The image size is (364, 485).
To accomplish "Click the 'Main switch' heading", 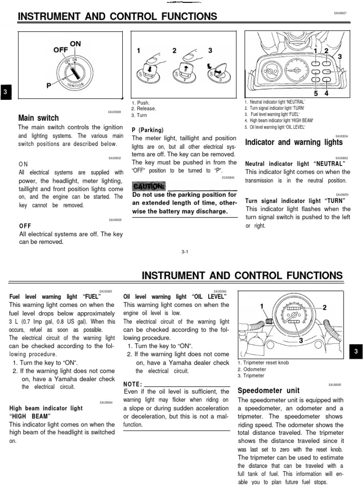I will click(x=38, y=118).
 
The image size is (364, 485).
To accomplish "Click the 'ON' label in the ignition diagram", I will click(x=75, y=44).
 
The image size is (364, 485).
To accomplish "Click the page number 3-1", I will click(x=185, y=251).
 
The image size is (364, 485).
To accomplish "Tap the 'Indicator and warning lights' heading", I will click(x=293, y=142).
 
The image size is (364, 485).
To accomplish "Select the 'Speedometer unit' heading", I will click(x=268, y=391).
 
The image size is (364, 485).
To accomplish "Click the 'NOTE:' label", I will click(x=132, y=384).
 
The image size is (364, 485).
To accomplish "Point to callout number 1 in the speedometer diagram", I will click(x=261, y=306).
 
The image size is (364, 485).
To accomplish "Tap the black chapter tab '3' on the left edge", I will click(x=5, y=92).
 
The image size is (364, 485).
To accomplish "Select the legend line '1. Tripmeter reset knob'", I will click(x=263, y=363).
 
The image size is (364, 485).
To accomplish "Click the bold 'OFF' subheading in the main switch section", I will click(x=25, y=226).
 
